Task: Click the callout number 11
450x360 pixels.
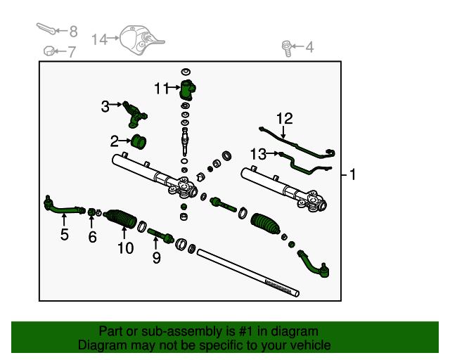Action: (162, 88)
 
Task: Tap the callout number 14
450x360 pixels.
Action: (99, 39)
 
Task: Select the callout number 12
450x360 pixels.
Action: (284, 119)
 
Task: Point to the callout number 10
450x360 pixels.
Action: (125, 247)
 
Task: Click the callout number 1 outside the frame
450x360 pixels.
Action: (352, 174)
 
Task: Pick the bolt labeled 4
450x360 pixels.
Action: (287, 48)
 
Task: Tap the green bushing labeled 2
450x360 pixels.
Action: (139, 141)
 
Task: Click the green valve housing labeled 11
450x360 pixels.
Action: (187, 90)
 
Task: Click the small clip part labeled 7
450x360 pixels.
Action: (49, 51)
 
